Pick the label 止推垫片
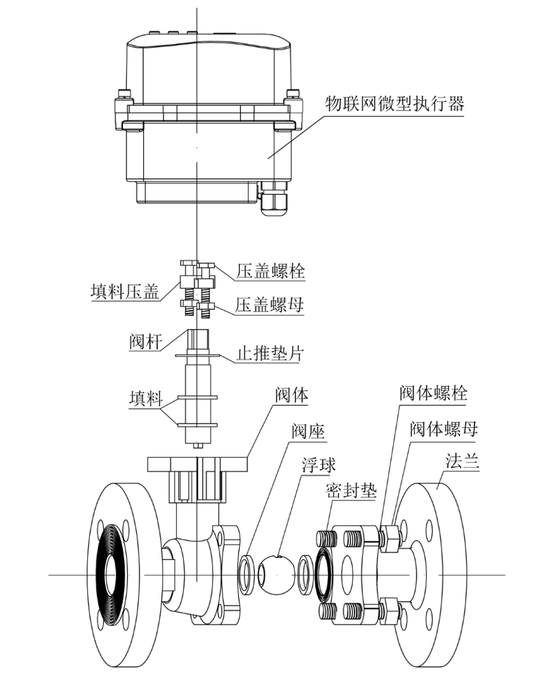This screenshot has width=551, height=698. (x=270, y=354)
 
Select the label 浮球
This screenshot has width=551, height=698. (x=318, y=465)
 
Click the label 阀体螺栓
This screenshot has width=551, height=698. (x=433, y=393)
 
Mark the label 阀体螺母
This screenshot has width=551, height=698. (x=443, y=429)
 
